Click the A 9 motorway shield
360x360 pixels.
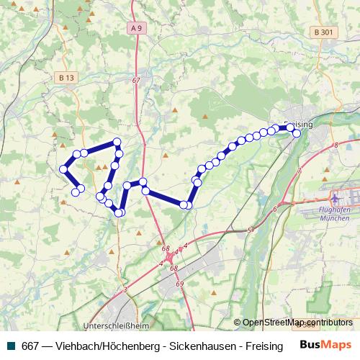pyautogui.click(x=137, y=28)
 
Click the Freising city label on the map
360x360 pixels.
pyautogui.click(x=299, y=124)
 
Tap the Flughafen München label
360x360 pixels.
pyautogui.click(x=339, y=211)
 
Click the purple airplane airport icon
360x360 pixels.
pyautogui.click(x=335, y=196)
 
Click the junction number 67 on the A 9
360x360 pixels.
pyautogui.click(x=136, y=80)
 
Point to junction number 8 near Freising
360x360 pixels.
pyautogui.click(x=336, y=145)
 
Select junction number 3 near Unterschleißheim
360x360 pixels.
pyautogui.click(x=125, y=289)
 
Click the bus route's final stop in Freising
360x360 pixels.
pyautogui.click(x=297, y=133)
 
